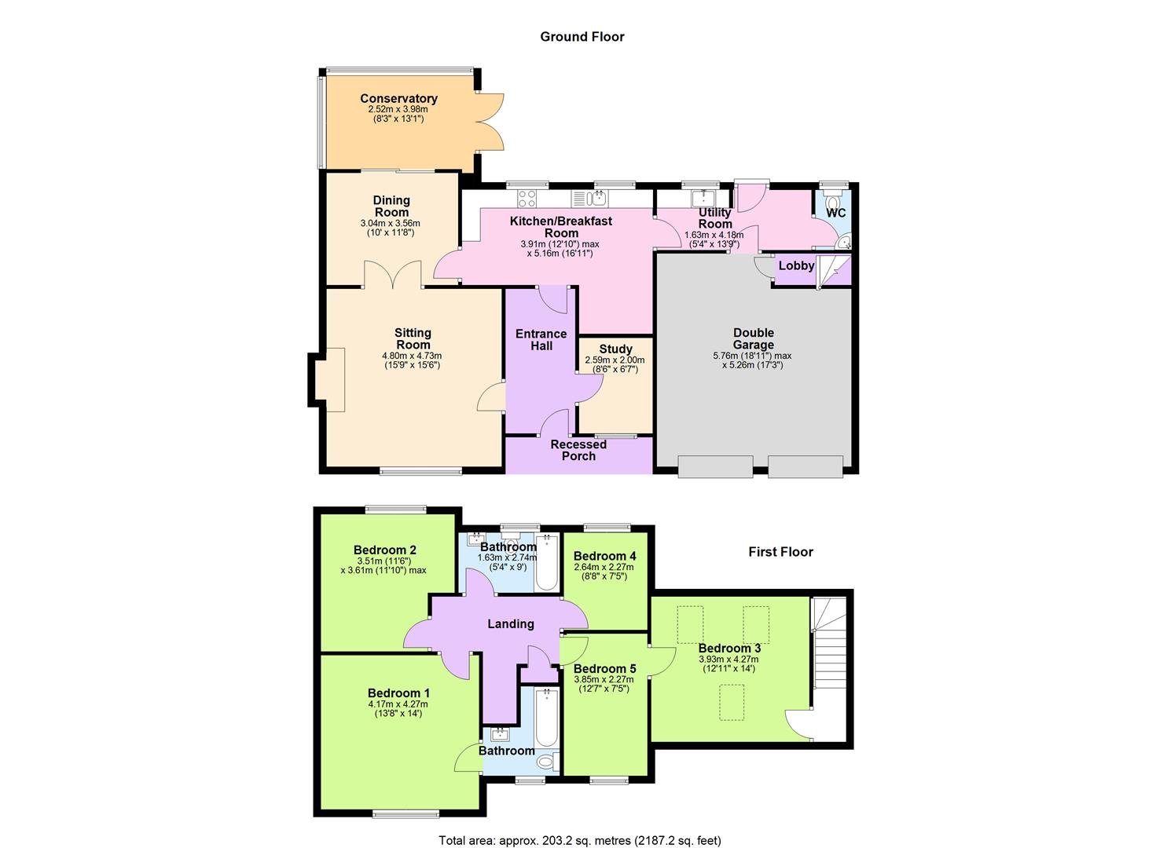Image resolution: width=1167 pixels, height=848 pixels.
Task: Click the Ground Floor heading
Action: click(x=582, y=37)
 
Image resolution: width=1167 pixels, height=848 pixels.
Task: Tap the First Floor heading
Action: click(x=780, y=552)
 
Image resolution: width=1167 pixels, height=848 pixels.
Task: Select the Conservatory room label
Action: click(x=398, y=99)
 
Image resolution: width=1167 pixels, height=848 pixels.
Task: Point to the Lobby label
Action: click(x=796, y=266)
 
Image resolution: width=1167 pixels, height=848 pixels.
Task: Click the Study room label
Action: click(x=615, y=349)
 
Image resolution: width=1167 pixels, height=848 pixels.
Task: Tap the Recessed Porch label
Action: click(x=578, y=450)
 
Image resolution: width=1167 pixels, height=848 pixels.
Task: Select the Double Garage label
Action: click(x=753, y=338)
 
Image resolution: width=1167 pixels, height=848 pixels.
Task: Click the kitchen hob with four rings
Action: click(x=526, y=197)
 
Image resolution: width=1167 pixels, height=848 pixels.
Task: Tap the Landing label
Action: click(x=511, y=624)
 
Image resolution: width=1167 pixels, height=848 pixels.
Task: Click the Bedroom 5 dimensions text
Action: click(x=604, y=685)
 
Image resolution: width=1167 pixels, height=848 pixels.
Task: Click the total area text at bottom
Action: click(x=579, y=841)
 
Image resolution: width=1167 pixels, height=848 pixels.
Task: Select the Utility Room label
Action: click(x=714, y=218)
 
